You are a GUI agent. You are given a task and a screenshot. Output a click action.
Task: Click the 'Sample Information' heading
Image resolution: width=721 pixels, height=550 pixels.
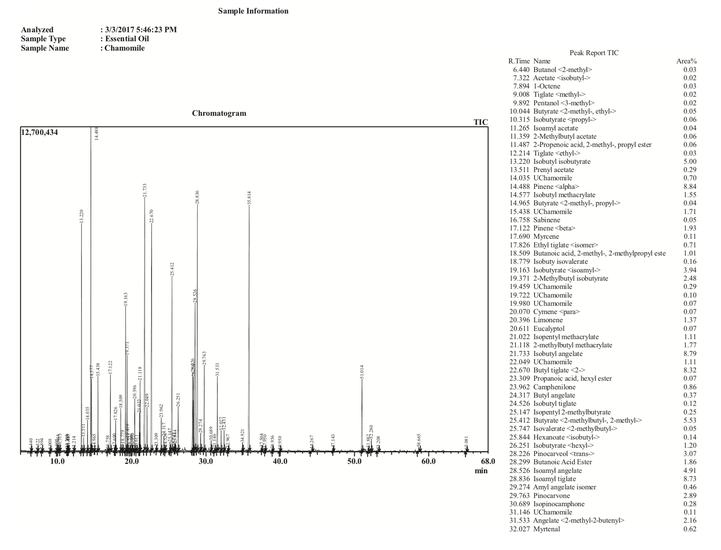click(x=253, y=11)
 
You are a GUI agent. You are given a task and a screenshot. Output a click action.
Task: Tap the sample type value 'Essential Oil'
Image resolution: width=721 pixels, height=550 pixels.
click(x=127, y=39)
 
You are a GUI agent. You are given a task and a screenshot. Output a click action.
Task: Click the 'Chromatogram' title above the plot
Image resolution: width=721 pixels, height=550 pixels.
click(x=219, y=113)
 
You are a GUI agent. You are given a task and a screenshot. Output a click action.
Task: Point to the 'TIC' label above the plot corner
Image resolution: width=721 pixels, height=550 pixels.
click(x=481, y=122)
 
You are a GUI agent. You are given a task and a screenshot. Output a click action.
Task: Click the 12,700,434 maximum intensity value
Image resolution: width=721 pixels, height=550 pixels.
click(x=40, y=132)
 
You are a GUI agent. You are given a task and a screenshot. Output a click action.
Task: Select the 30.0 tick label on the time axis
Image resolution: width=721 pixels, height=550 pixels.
click(x=206, y=461)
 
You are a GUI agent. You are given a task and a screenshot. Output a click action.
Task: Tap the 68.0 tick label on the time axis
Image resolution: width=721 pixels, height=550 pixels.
click(x=488, y=461)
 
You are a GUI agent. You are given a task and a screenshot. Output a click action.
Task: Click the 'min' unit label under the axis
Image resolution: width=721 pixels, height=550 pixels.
click(x=481, y=471)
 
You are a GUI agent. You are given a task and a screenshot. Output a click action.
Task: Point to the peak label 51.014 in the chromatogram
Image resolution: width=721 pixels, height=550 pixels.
click(x=362, y=372)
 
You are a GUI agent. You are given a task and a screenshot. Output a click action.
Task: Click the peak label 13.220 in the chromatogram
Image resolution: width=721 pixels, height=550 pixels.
click(x=82, y=217)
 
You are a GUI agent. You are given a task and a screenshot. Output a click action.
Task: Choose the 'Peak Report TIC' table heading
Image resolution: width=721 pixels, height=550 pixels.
click(x=594, y=53)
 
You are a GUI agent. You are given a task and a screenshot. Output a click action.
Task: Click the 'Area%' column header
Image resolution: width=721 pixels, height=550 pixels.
click(x=686, y=61)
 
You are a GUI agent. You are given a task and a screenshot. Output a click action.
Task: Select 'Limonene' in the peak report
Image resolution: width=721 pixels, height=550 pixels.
click(x=548, y=320)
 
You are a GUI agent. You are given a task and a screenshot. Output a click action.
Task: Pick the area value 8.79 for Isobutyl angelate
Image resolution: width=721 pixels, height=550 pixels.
click(x=690, y=353)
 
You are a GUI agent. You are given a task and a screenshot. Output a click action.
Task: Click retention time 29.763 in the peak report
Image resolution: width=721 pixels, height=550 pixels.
click(x=519, y=495)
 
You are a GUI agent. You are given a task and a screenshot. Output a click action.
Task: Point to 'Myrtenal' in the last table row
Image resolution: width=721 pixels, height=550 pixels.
click(x=547, y=529)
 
